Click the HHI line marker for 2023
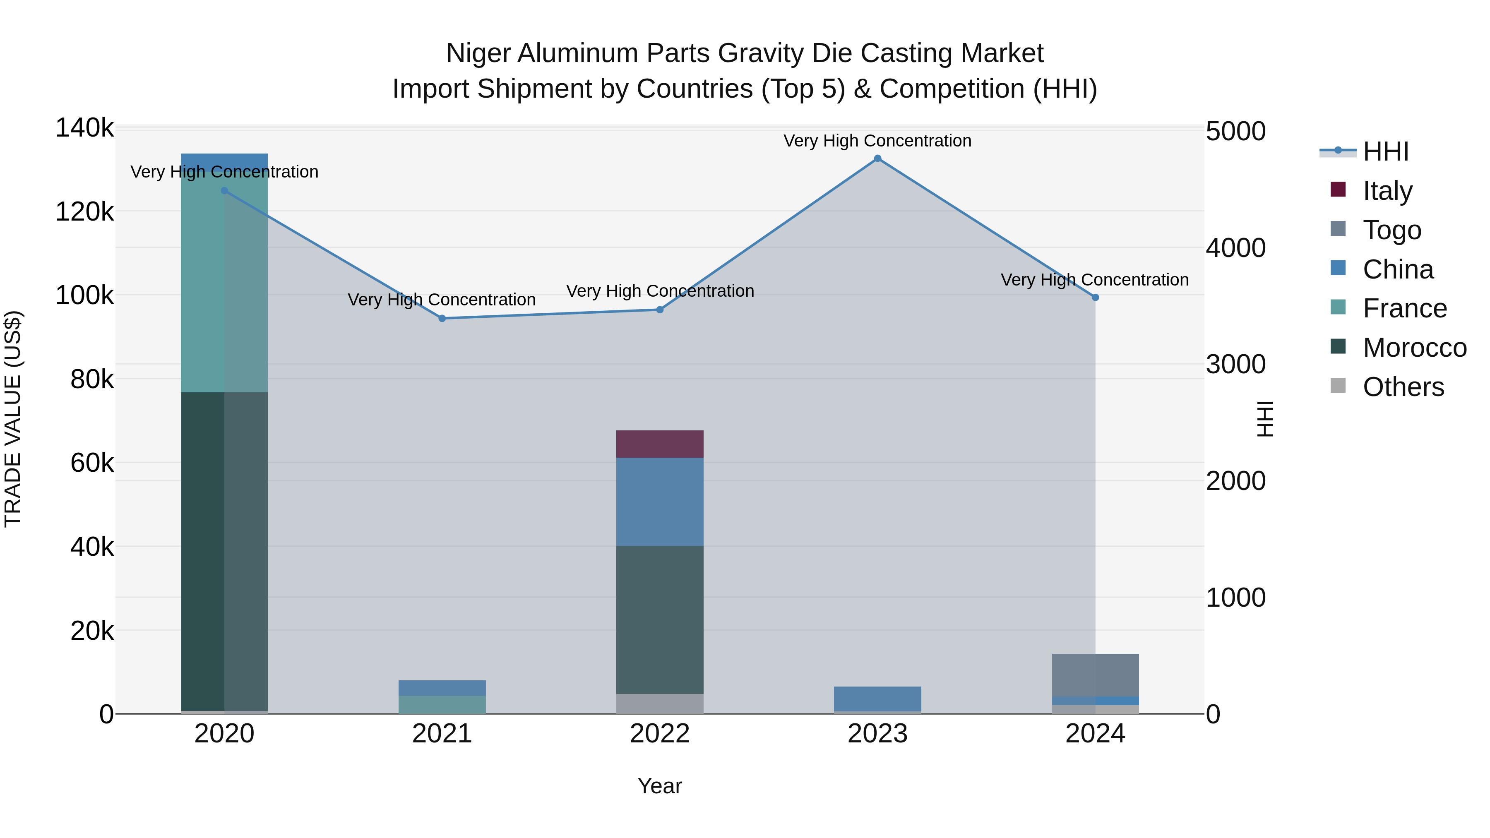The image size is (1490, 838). [x=877, y=158]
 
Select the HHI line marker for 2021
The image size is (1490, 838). [x=442, y=318]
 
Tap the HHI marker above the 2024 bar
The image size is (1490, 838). [x=1095, y=297]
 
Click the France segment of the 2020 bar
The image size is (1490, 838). [x=224, y=282]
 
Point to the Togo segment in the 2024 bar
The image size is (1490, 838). [x=1095, y=675]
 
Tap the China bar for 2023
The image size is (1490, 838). [x=877, y=699]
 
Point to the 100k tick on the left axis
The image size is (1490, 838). [x=84, y=295]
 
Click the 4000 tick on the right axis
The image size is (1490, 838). [x=1235, y=248]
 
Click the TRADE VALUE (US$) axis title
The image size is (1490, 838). [x=13, y=419]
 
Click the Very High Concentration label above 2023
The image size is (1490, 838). [x=877, y=141]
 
